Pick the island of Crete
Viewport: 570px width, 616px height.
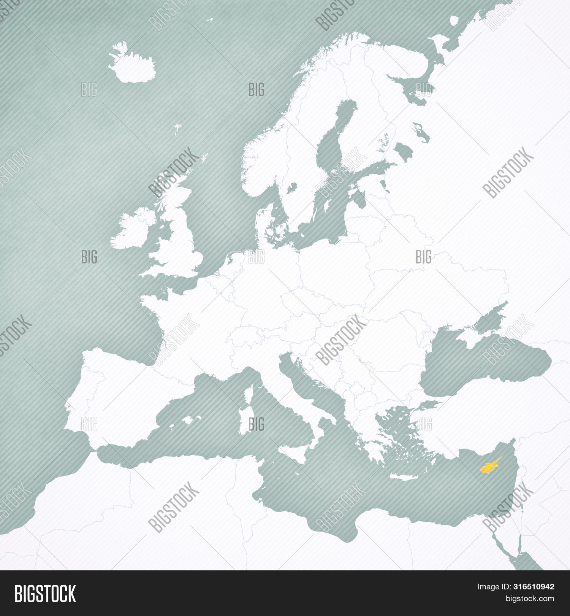point(404,477)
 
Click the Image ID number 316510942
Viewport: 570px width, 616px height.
point(534,587)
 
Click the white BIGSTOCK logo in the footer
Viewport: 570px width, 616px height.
point(45,594)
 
